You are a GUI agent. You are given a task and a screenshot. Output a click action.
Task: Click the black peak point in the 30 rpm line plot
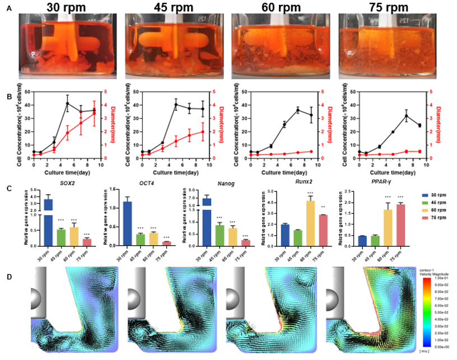click(x=67, y=104)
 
